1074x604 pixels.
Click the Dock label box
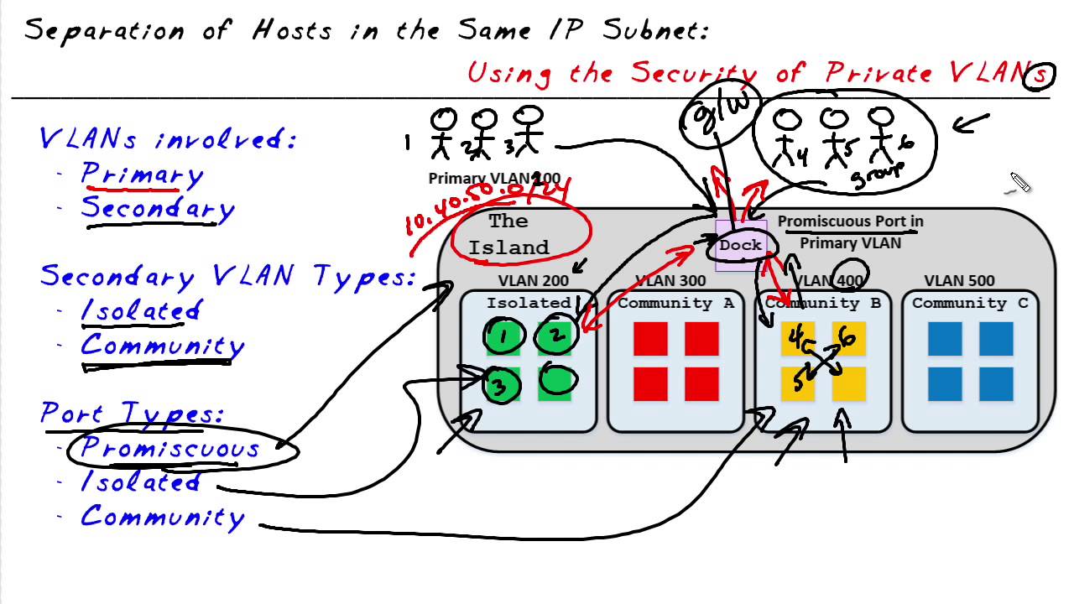[740, 246]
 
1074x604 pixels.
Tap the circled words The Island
[508, 235]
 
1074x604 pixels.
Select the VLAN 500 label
[959, 281]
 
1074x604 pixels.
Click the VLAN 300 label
[670, 281]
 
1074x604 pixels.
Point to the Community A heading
[675, 303]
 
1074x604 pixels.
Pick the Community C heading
[970, 303]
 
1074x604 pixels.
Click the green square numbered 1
[504, 337]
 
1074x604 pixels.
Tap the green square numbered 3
[501, 386]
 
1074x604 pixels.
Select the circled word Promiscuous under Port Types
[170, 448]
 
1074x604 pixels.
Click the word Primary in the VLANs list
[142, 174]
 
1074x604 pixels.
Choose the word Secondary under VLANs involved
[157, 209]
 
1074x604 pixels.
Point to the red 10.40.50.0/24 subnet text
[487, 206]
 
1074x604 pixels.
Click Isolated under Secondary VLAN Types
[140, 311]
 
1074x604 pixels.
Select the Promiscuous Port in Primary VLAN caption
[850, 232]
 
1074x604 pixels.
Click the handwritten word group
[877, 174]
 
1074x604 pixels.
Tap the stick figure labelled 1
[443, 133]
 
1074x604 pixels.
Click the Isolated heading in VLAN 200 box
[529, 303]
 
